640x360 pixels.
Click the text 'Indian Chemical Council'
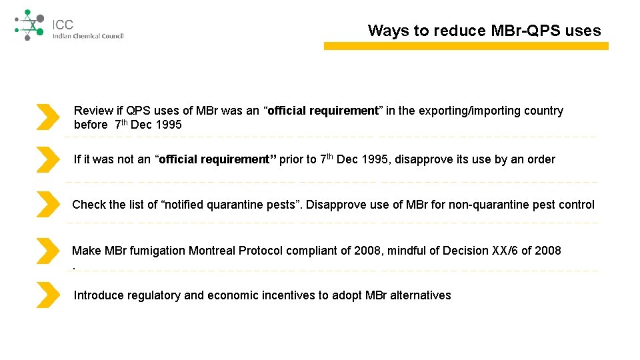[88, 36]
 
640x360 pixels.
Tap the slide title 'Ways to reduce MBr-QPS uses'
[484, 31]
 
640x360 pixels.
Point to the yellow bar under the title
[466, 46]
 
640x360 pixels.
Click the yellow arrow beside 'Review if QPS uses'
[47, 117]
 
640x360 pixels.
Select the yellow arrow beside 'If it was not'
[47, 160]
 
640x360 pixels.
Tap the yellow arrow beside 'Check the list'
[47, 204]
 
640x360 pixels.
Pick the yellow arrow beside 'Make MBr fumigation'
[47, 251]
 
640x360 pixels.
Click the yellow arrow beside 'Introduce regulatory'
[47, 295]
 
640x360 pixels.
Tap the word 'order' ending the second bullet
[541, 159]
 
